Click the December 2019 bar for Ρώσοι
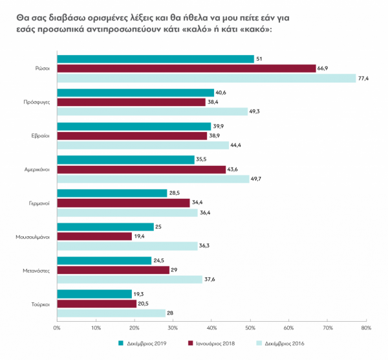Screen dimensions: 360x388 coord(155,59)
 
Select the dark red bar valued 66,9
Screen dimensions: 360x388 coord(186,68)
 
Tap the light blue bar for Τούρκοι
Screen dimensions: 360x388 coord(111,313)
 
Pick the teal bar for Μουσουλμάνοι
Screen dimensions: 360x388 coord(105,227)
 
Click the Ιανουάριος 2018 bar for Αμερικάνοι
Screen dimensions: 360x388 coord(142,169)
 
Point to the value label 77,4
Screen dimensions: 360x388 coord(363,78)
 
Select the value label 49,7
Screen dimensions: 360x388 coord(257,179)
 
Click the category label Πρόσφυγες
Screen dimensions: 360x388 coord(37,102)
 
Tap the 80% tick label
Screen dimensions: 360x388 coord(366,328)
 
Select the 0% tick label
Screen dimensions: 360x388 coord(57,328)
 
